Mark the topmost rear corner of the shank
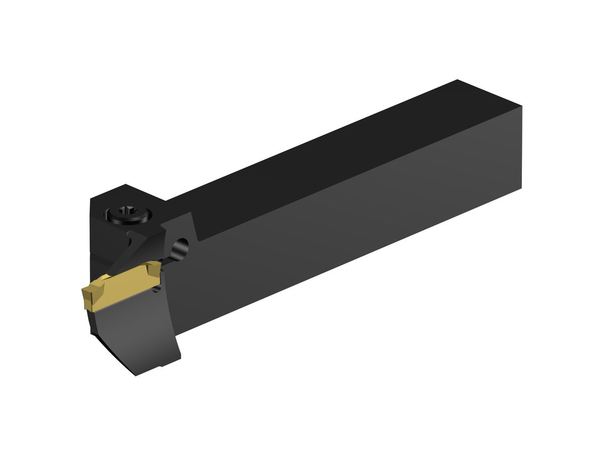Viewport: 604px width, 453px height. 457,80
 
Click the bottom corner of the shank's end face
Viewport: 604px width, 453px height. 521,188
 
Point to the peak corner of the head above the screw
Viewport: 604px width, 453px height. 125,185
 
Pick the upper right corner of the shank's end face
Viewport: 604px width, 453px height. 521,107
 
